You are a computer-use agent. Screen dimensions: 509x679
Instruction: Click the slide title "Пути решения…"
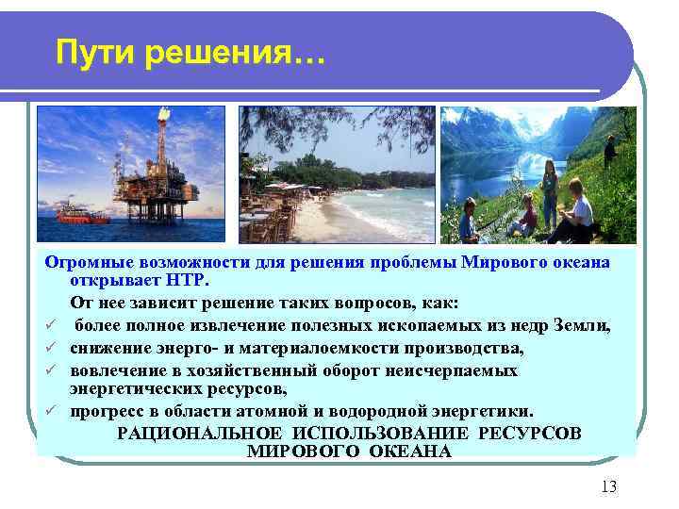tap(189, 54)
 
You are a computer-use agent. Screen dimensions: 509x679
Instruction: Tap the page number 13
tap(607, 486)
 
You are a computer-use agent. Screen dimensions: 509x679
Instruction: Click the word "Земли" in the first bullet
tap(585, 327)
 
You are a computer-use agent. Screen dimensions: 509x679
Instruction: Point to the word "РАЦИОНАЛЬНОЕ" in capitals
tap(195, 433)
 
